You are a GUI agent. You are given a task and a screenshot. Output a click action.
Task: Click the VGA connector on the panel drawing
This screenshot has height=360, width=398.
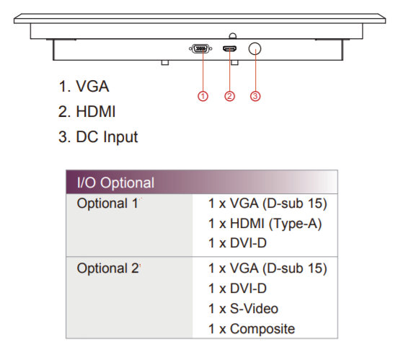[200, 48]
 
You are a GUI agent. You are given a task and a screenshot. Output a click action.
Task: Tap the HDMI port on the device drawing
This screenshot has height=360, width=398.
[230, 48]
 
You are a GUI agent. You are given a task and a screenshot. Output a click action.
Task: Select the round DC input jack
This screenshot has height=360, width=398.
[255, 48]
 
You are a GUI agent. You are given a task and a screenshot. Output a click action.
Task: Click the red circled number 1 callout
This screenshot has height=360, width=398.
[203, 96]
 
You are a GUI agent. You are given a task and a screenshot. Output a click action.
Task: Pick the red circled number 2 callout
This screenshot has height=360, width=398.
[229, 96]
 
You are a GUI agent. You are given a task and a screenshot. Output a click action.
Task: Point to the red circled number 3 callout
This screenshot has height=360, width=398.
[255, 96]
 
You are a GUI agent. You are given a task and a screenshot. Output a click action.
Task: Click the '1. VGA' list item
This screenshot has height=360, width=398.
[84, 86]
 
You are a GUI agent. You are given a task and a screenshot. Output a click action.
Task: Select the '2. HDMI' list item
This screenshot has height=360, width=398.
[87, 111]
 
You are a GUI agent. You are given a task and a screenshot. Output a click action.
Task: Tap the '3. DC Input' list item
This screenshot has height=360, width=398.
[98, 137]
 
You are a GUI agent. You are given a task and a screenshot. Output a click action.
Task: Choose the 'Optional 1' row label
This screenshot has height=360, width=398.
[107, 203]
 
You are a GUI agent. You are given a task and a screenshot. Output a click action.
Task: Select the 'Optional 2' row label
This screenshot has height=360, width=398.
[108, 268]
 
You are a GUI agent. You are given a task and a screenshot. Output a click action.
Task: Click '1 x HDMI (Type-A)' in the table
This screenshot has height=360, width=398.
[265, 224]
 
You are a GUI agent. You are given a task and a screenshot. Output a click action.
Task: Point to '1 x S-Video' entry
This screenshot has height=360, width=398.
[243, 309]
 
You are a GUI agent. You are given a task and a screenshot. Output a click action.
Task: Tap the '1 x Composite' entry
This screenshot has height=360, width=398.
[252, 329]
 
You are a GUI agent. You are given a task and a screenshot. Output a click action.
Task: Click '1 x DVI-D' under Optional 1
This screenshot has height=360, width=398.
[237, 243]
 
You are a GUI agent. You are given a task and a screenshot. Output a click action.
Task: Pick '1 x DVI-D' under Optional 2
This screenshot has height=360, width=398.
[237, 289]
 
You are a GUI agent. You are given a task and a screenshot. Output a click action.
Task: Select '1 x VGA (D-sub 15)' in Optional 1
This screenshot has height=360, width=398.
[267, 203]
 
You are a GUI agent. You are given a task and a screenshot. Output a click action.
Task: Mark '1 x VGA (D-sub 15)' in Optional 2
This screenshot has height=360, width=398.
[267, 268]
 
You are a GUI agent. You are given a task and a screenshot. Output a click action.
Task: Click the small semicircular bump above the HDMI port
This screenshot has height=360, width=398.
[232, 35]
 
